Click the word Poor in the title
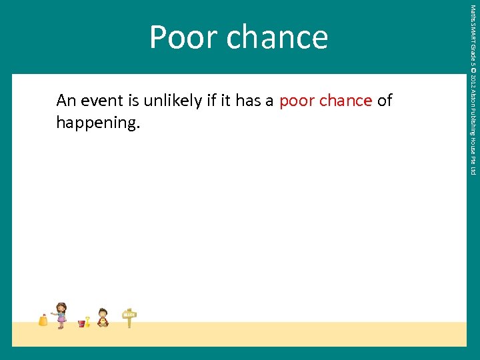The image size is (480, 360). tap(184, 37)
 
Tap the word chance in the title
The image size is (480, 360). tap(277, 37)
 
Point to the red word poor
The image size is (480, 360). tap(297, 101)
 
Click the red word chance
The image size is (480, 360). tap(345, 101)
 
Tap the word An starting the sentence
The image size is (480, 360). tap(66, 101)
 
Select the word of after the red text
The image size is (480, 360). tap(385, 101)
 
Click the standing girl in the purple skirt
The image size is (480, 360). tap(61, 315)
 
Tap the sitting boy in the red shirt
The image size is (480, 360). tap(103, 317)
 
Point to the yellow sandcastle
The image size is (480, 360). tap(43, 320)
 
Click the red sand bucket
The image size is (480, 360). tap(81, 323)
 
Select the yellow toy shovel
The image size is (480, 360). tap(87, 321)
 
